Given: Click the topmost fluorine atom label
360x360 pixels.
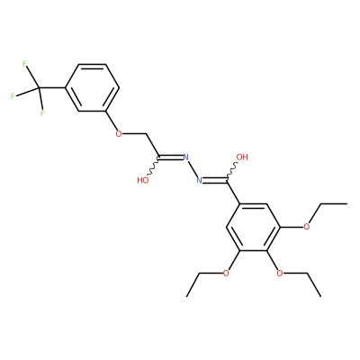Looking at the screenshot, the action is tap(25, 64).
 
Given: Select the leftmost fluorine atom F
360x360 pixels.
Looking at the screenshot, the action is tap(13, 96).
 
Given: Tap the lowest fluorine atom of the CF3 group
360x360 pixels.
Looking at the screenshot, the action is tap(42, 113).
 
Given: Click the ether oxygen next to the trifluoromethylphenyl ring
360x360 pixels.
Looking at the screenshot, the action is tap(119, 133).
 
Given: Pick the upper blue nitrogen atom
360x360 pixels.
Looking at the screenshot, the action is tap(185, 157).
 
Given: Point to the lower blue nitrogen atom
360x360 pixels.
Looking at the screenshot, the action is tap(199, 180).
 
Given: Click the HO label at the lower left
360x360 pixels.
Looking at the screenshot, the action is tap(143, 180).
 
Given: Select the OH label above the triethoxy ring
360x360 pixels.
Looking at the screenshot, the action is tap(242, 157).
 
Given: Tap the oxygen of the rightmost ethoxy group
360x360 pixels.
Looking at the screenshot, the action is tap(306, 227).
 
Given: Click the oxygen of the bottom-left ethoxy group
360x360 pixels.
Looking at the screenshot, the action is tap(226, 274).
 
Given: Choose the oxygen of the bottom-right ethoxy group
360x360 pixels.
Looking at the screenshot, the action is tap(279, 274).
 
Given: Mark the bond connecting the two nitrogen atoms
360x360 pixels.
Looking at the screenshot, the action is tap(193, 168).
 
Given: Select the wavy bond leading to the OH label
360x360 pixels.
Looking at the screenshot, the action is tap(232, 172).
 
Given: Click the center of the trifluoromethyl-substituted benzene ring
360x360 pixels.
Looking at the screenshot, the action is tap(93, 87).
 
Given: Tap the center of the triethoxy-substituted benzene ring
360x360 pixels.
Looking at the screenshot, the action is tap(253, 227).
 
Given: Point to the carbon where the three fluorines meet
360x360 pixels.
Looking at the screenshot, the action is tap(39, 87).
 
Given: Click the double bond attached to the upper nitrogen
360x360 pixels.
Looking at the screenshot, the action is tap(170, 157).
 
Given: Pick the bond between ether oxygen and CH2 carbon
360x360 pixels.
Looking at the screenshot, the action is tap(134, 133).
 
